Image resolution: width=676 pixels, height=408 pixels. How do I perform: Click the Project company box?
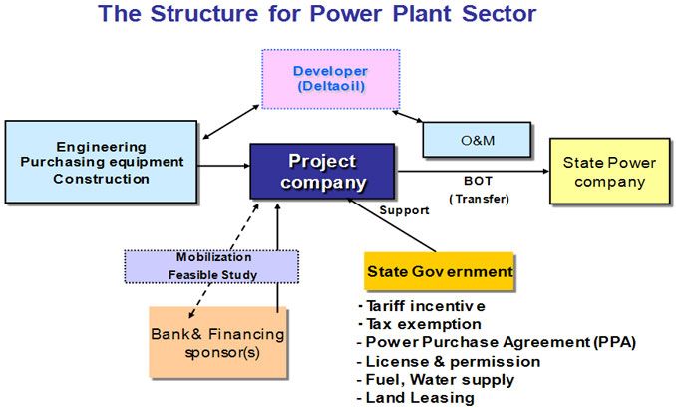click(322, 172)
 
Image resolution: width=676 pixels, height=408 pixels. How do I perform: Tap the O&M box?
click(477, 140)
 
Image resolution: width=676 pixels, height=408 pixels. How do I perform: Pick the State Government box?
click(439, 271)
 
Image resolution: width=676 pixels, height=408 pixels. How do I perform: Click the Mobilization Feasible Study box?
click(210, 265)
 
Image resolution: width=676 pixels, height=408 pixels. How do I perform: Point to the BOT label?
click(478, 181)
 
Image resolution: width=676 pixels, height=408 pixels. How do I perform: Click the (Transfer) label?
click(478, 199)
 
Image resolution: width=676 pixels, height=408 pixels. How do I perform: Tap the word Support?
click(404, 211)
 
